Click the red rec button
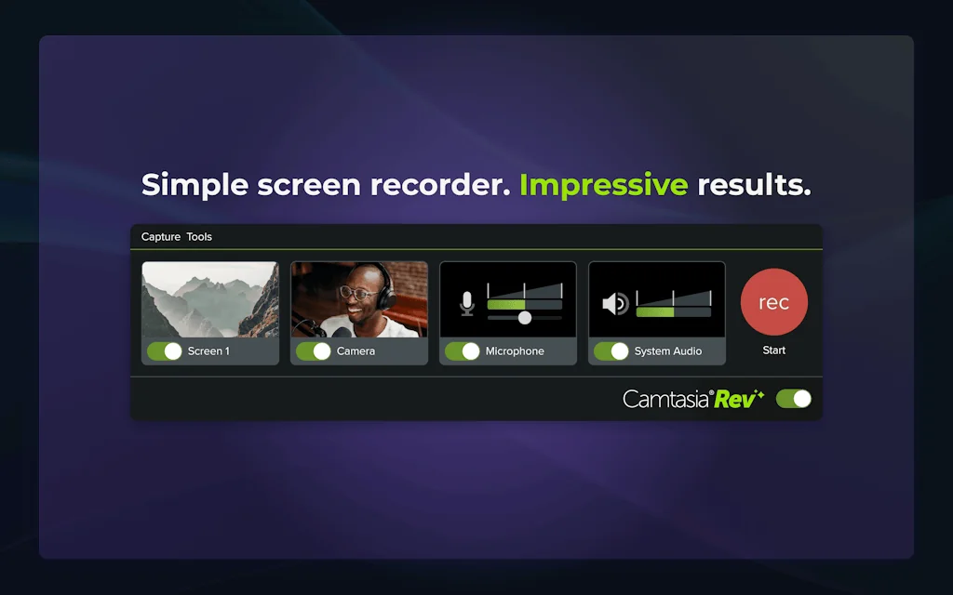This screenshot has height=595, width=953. pyautogui.click(x=773, y=302)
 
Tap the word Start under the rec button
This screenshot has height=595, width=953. pyautogui.click(x=773, y=350)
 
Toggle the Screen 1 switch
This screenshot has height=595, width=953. pyautogui.click(x=165, y=351)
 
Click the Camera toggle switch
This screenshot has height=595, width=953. pyautogui.click(x=314, y=351)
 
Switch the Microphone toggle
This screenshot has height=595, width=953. pyautogui.click(x=463, y=351)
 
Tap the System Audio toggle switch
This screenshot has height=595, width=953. pyautogui.click(x=611, y=351)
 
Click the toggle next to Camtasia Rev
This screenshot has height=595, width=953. pyautogui.click(x=794, y=399)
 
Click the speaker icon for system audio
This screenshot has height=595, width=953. pyautogui.click(x=615, y=304)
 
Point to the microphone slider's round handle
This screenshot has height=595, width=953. pyautogui.click(x=525, y=318)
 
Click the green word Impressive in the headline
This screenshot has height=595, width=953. pyautogui.click(x=603, y=185)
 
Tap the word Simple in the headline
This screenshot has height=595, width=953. pyautogui.click(x=195, y=185)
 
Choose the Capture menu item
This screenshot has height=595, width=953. pyautogui.click(x=161, y=237)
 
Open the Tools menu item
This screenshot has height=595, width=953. pyautogui.click(x=199, y=237)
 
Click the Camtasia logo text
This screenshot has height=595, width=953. pyautogui.click(x=666, y=399)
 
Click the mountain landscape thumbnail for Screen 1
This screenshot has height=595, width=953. pyautogui.click(x=210, y=299)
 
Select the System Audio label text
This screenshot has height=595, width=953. pyautogui.click(x=668, y=351)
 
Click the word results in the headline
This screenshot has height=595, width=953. pyautogui.click(x=754, y=185)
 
